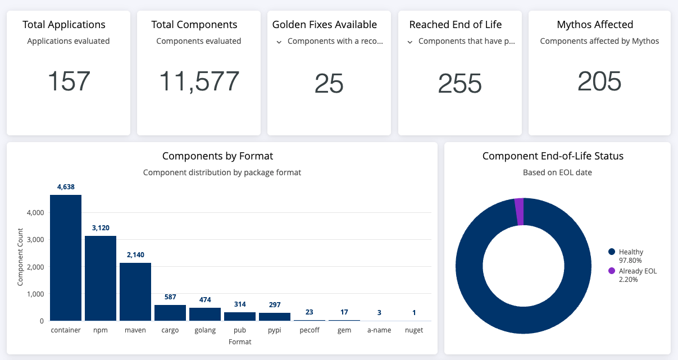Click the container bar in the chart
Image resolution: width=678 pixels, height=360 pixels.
(66, 258)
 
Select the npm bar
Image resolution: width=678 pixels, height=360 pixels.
(101, 279)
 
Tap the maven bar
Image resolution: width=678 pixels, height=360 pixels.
(135, 291)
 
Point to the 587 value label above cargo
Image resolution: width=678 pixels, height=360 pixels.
(170, 297)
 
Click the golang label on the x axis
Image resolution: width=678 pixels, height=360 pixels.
(205, 330)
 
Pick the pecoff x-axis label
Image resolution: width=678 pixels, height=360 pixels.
(310, 330)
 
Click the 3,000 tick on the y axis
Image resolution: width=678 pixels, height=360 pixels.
(35, 240)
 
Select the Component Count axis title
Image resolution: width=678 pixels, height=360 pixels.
(20, 257)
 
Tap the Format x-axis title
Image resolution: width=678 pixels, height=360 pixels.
(240, 342)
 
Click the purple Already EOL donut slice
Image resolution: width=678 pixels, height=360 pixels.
(519, 212)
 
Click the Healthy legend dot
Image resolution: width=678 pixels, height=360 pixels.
(611, 252)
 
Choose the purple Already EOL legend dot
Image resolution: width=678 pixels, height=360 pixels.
(611, 271)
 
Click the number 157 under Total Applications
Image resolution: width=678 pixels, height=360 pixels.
(69, 81)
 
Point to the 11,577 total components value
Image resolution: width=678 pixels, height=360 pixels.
(199, 81)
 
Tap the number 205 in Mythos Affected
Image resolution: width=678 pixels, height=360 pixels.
(599, 81)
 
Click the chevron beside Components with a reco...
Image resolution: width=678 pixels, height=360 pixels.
(279, 42)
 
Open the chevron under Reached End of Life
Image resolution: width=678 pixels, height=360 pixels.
(410, 42)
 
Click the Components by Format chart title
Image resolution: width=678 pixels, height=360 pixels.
(217, 156)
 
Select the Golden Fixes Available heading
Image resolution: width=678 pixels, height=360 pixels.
(325, 25)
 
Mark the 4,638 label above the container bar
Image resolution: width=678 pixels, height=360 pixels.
(66, 187)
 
